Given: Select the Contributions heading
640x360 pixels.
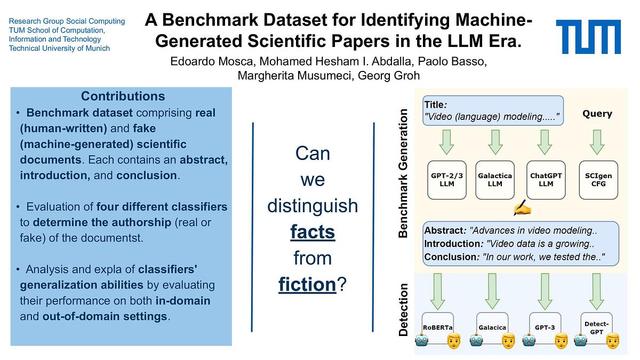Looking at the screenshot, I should tap(122, 96).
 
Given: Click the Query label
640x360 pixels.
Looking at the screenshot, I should tap(597, 113).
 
